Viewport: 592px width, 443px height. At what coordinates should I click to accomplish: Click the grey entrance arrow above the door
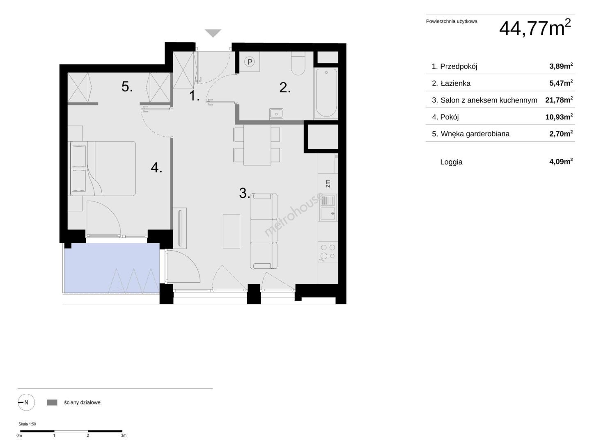tap(213, 33)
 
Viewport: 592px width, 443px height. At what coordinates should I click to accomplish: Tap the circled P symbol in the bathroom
tap(250, 62)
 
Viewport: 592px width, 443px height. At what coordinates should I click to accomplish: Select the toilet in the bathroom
tap(298, 63)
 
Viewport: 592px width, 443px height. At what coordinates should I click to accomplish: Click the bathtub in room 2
tap(326, 93)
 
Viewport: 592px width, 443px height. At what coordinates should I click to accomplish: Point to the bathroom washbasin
tap(276, 114)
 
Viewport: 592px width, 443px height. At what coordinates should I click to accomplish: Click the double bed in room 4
tap(103, 168)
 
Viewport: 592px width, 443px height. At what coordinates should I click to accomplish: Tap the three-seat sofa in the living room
tap(264, 231)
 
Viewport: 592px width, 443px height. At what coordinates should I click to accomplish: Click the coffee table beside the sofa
tap(231, 231)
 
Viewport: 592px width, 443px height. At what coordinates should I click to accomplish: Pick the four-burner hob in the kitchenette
tap(328, 252)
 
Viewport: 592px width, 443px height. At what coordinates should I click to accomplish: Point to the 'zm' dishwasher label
tap(328, 183)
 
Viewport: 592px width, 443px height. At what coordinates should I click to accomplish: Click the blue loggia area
tap(111, 267)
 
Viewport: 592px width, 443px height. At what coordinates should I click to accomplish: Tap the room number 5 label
tap(127, 87)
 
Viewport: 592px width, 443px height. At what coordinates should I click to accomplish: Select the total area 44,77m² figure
tap(535, 28)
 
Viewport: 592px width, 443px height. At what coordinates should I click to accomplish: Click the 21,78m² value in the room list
tap(559, 100)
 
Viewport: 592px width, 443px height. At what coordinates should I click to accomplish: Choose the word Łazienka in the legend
tap(455, 83)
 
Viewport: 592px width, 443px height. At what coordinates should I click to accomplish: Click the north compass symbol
tap(26, 402)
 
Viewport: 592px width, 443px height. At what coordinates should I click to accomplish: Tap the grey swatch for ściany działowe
tap(52, 402)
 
